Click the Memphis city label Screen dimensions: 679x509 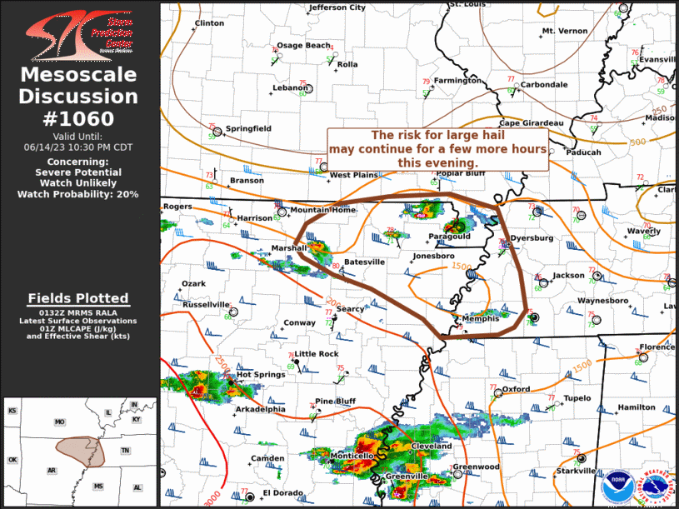[x=480, y=318]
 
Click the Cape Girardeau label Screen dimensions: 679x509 [x=532, y=122]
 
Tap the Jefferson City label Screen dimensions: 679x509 [x=337, y=7]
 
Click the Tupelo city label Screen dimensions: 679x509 [x=577, y=398]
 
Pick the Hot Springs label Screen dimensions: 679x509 [x=256, y=374]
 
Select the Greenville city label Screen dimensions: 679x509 [x=407, y=476]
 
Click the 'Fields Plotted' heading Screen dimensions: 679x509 [x=77, y=297]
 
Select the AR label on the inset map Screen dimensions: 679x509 [x=52, y=470]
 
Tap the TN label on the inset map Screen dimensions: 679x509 [x=125, y=451]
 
